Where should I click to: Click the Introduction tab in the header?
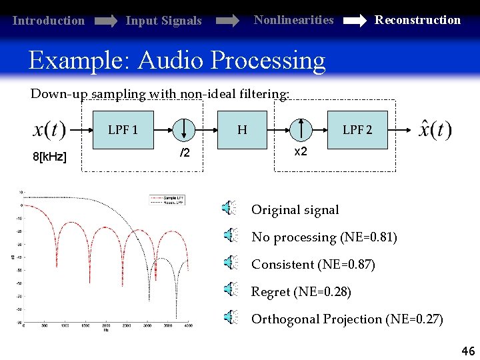click(x=49, y=21)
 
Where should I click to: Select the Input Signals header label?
click(x=163, y=21)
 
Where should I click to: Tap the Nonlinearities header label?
click(x=293, y=20)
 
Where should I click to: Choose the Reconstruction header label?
click(x=417, y=20)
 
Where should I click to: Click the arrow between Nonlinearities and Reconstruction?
click(x=353, y=21)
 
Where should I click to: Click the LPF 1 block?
click(x=123, y=129)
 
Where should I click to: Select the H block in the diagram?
click(x=242, y=129)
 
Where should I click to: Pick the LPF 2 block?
click(x=357, y=129)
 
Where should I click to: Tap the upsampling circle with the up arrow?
click(x=301, y=129)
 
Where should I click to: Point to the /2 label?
click(x=185, y=154)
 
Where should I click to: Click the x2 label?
click(x=301, y=152)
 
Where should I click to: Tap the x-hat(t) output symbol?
click(x=435, y=129)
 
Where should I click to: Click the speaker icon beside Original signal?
click(x=229, y=209)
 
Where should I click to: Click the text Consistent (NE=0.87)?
click(x=313, y=265)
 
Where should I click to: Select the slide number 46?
click(x=467, y=350)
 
